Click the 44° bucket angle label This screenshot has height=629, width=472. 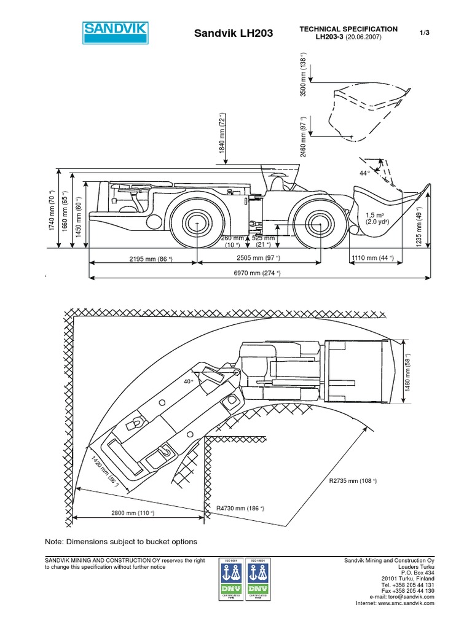(364, 174)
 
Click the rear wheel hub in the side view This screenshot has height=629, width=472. (197, 223)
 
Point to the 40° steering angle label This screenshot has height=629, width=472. (188, 381)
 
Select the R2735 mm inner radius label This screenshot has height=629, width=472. (351, 480)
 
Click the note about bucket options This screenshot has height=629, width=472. (121, 542)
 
